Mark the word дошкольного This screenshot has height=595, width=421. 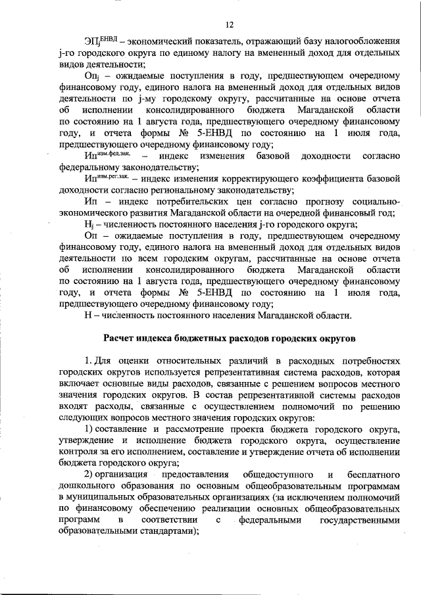pos(85,486)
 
